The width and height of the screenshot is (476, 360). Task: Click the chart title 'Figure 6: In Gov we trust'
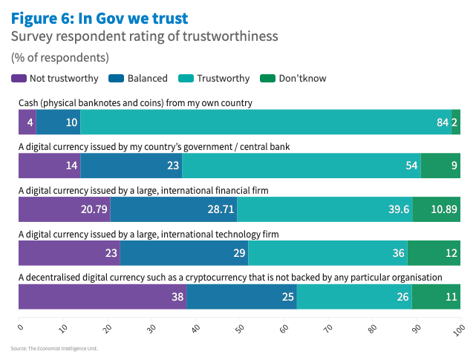coord(100,17)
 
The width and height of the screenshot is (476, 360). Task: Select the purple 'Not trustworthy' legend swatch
coord(19,78)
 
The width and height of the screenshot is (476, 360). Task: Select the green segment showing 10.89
coord(437,209)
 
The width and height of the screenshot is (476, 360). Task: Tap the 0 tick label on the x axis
coord(21,325)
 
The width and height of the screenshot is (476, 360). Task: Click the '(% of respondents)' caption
coord(60,57)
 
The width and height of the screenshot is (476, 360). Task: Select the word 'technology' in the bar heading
coord(230,234)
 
